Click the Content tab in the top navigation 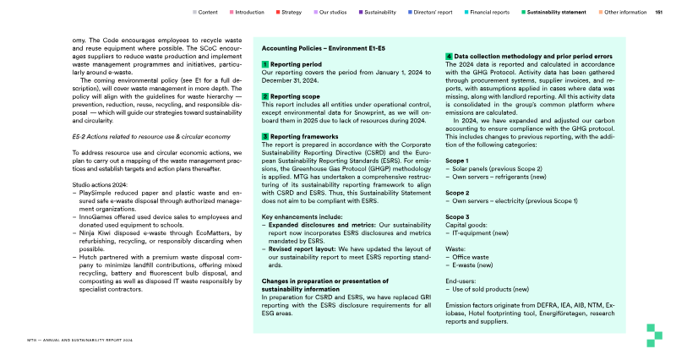click(207, 13)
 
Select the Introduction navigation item click(249, 13)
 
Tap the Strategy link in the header click(291, 13)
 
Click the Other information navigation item click(626, 13)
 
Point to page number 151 click(659, 13)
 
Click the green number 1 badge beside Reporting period click(265, 64)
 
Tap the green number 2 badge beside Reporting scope click(265, 96)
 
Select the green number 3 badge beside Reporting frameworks click(265, 136)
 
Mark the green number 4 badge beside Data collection click(449, 56)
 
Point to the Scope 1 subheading click(456, 160)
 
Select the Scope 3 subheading click(456, 216)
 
